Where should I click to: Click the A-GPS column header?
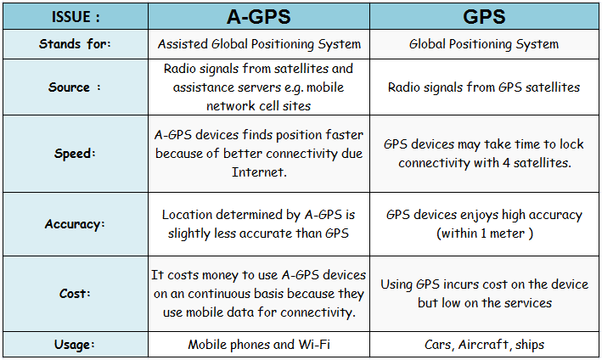click(x=259, y=16)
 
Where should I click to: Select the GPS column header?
click(x=484, y=16)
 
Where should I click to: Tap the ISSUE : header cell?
click(x=76, y=17)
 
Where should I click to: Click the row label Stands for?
click(x=75, y=44)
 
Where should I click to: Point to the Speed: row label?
click(x=75, y=154)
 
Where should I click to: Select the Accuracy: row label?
click(x=75, y=224)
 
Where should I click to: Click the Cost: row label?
click(x=75, y=294)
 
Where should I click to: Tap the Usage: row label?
click(x=75, y=344)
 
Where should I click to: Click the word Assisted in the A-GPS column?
click(x=183, y=44)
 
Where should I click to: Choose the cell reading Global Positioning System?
click(x=484, y=44)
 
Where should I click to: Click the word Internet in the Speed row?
click(x=259, y=172)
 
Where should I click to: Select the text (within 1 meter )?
click(x=485, y=233)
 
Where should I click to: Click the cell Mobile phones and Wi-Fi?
click(x=259, y=344)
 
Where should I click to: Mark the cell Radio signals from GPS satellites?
click(x=484, y=87)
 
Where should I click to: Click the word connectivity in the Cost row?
click(x=316, y=312)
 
